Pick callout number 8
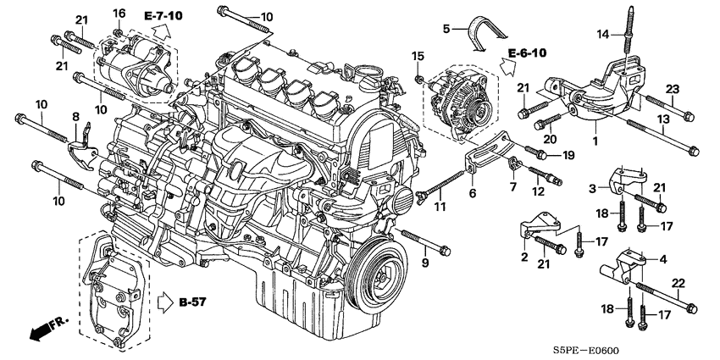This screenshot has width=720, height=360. (x=75, y=116)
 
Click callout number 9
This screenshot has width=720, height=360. (x=425, y=263)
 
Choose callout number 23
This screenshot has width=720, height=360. (x=672, y=90)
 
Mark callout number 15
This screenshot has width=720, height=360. (x=417, y=56)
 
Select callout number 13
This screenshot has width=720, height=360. (x=665, y=119)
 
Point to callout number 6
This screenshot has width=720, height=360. (x=473, y=193)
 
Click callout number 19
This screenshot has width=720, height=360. (x=568, y=155)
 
